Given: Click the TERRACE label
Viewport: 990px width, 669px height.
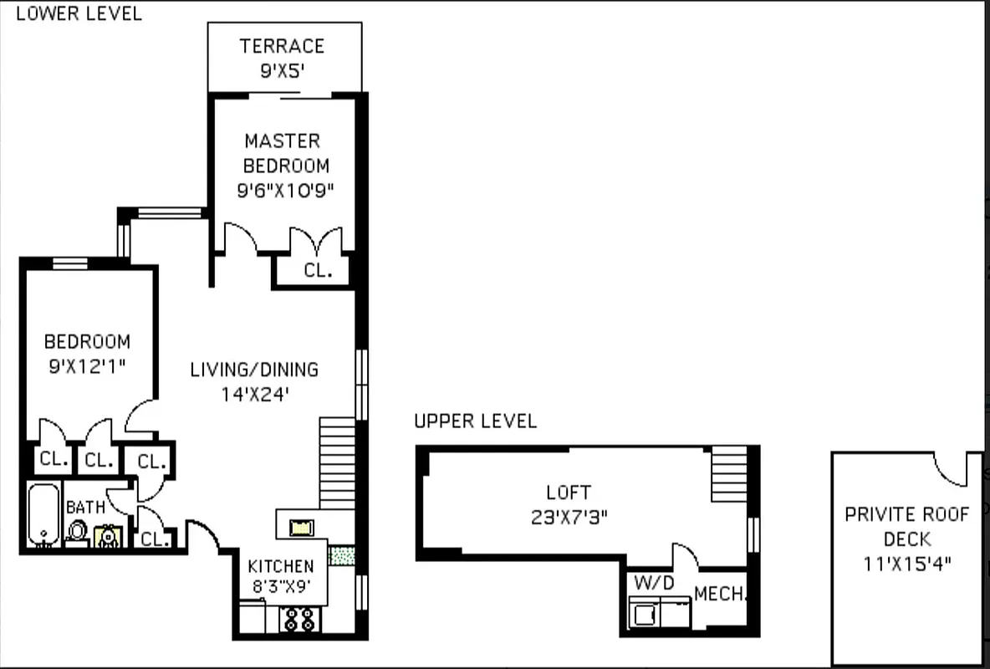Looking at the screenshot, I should (282, 46).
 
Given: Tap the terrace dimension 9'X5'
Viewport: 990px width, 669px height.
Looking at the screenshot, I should (282, 71).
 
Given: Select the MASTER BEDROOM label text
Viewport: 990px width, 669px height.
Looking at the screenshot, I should (284, 153).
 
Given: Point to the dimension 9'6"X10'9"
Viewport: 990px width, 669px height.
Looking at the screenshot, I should (285, 191).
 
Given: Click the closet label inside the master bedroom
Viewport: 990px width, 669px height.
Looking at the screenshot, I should (318, 271).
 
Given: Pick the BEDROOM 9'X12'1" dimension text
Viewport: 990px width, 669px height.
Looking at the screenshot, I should (88, 365).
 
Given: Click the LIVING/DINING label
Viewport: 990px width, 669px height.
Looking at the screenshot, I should (254, 369).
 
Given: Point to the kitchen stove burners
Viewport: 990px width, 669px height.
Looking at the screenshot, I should (299, 619).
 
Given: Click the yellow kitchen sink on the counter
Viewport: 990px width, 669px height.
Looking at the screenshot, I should (300, 527).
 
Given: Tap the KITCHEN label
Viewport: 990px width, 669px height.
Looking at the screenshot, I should (281, 566).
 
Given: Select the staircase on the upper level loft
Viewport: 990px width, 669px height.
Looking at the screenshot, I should (728, 473).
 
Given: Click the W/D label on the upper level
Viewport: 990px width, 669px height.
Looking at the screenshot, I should (654, 583).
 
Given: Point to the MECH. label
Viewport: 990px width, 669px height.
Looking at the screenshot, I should (720, 595).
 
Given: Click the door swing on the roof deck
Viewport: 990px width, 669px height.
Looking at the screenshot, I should (951, 469).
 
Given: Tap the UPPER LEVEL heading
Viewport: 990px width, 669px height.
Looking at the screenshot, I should (475, 421).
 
